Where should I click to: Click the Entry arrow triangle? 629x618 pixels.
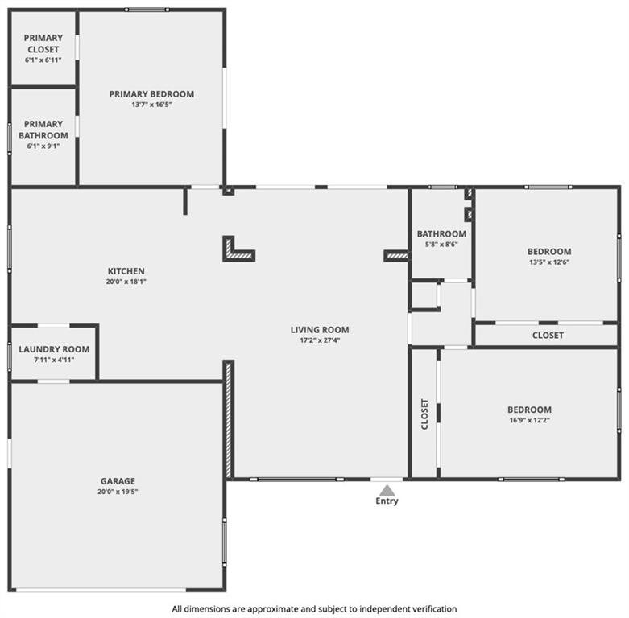(387, 491)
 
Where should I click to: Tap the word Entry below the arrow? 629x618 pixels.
(387, 501)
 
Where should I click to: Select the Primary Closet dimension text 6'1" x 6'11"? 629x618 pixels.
(43, 60)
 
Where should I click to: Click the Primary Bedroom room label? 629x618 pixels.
(151, 94)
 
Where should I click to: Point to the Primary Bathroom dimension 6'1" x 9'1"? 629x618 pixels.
(43, 146)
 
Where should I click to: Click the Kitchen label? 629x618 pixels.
(126, 271)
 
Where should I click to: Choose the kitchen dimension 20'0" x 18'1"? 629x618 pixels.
(126, 282)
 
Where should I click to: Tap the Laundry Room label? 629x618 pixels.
(54, 349)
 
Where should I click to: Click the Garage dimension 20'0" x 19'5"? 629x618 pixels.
(118, 492)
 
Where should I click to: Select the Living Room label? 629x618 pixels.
(320, 330)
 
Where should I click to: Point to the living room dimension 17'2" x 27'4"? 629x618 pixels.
(320, 340)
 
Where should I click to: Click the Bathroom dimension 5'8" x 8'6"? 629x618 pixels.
(441, 244)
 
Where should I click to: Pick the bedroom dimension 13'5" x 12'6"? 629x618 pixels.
(549, 262)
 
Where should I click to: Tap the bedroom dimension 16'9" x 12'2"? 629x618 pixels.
(529, 420)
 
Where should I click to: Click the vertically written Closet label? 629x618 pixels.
(424, 414)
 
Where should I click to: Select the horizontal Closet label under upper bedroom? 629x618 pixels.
(548, 336)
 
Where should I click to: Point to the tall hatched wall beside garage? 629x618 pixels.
(229, 419)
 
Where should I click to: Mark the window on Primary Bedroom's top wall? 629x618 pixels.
(147, 10)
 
